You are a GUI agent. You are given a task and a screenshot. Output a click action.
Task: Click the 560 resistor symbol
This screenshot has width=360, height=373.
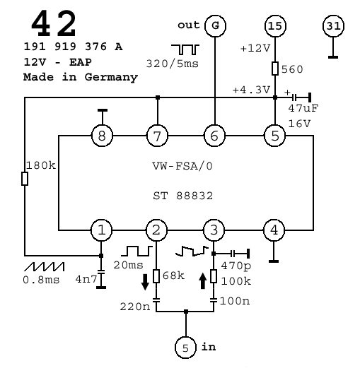[275, 69]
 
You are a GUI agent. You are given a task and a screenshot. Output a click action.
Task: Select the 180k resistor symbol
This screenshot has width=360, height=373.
[25, 179]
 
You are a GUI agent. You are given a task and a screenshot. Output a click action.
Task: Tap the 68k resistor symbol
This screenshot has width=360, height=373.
[156, 276]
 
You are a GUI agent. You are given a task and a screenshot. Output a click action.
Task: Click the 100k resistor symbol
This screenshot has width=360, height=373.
[214, 276]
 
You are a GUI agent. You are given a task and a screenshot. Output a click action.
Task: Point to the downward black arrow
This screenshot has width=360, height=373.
[145, 282]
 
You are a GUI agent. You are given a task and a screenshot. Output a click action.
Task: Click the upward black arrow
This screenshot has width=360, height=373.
[203, 281]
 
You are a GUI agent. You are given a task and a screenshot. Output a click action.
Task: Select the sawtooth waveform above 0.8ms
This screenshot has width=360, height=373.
[45, 266]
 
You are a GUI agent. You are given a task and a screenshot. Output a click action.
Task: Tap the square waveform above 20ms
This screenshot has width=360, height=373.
[137, 251]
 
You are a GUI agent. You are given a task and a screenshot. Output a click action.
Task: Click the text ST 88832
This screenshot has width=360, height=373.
[183, 196]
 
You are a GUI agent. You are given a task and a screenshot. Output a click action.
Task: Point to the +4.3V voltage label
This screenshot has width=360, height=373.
[251, 90]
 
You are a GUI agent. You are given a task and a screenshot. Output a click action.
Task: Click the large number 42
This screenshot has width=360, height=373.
[54, 23]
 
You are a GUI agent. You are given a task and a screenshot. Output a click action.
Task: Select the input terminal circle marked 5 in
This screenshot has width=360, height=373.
[186, 348]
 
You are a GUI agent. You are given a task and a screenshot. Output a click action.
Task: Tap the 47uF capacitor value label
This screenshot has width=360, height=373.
[303, 108]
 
